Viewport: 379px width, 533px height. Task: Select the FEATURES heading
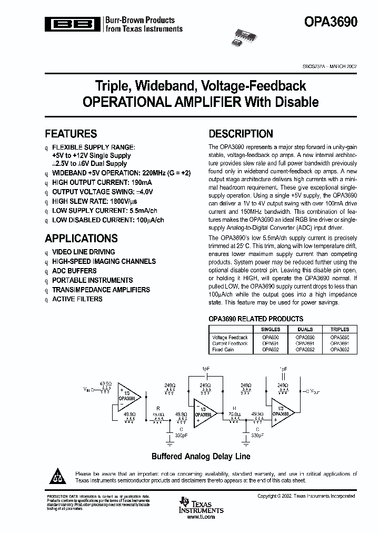coord(71,134)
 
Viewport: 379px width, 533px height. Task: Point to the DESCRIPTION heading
coord(241,134)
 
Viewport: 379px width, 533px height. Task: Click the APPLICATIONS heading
coord(81,238)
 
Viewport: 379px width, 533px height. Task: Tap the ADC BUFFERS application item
coord(74,271)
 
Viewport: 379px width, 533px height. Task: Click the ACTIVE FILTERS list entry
coord(77,299)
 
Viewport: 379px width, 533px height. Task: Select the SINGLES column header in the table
coord(271,329)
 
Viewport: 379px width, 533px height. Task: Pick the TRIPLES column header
coord(340,329)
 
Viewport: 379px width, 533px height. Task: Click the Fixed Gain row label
coord(223,350)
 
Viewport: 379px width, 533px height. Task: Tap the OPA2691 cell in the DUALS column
coord(305,343)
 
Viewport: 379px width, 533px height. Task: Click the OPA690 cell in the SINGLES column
coord(271,337)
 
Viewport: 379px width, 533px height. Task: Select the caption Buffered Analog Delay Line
coord(201,456)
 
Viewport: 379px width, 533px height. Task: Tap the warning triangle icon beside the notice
coord(58,477)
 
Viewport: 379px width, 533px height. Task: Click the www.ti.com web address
coord(201,517)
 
